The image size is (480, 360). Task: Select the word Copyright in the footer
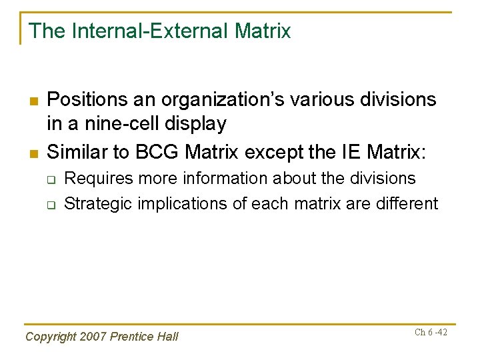tap(50, 337)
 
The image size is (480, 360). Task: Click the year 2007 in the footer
tap(92, 337)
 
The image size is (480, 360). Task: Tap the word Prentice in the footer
tap(133, 337)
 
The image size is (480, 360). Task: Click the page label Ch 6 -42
tap(431, 332)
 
